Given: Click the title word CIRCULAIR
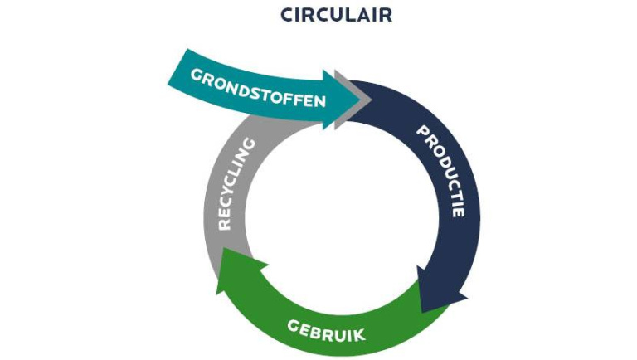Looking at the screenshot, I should point(336,15).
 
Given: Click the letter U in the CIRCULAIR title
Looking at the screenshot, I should point(337,15).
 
